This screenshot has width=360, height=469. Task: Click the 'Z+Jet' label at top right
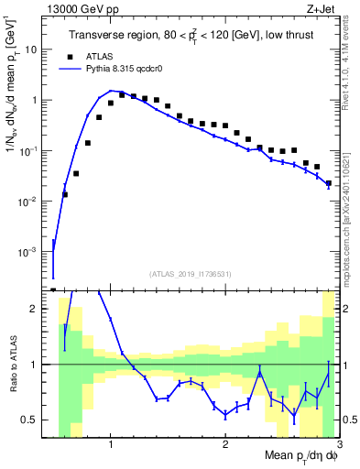click(x=322, y=8)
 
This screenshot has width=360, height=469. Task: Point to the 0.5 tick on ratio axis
click(x=36, y=420)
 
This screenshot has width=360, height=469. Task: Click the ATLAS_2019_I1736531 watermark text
click(x=190, y=274)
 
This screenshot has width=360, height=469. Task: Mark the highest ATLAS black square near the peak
click(x=122, y=94)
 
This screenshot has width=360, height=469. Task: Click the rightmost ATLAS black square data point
click(x=329, y=183)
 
